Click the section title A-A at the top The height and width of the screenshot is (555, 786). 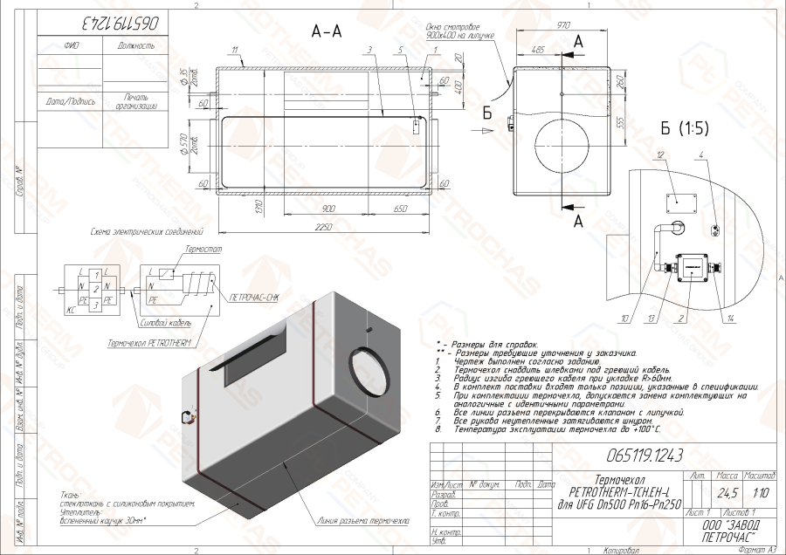pos(327,31)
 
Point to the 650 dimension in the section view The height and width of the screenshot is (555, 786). pos(401,209)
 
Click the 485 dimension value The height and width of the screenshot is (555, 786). pos(538,51)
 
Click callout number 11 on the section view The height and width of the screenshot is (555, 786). pos(235,50)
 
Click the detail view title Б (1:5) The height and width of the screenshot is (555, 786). pos(685,128)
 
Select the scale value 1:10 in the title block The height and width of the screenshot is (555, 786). pos(761,492)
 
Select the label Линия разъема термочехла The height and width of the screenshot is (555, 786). pos(364,521)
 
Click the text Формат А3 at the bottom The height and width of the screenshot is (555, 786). pos(756,549)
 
